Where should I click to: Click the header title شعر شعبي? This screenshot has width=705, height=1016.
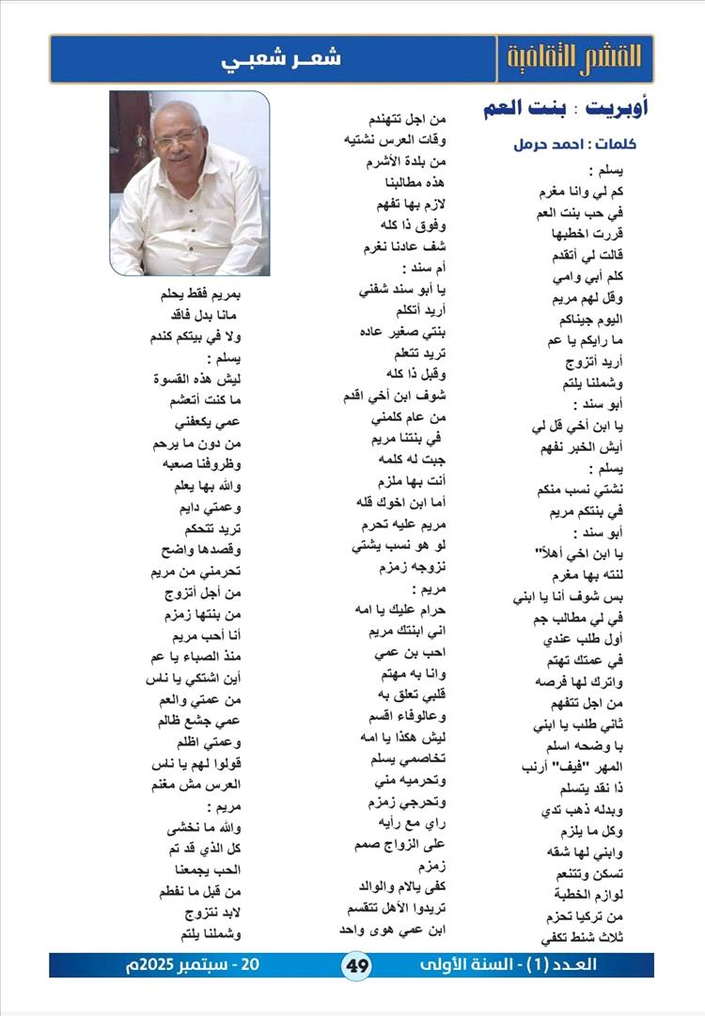[282, 58]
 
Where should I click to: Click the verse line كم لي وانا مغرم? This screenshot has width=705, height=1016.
[565, 193]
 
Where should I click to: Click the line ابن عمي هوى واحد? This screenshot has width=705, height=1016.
[403, 930]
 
